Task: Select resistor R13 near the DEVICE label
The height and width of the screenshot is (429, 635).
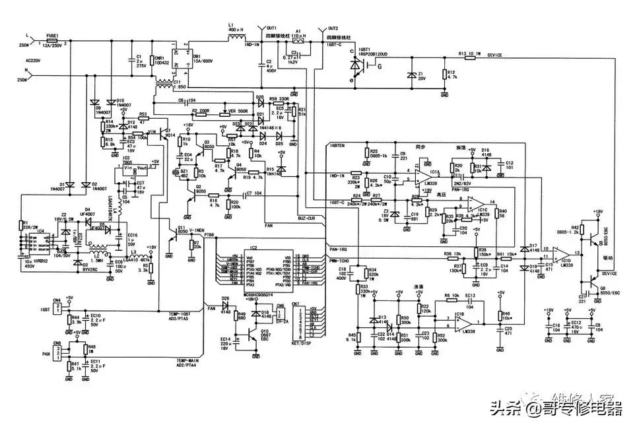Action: (469, 57)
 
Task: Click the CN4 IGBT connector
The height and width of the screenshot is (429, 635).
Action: (58, 308)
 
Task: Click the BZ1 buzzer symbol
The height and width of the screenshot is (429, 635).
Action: (176, 172)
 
